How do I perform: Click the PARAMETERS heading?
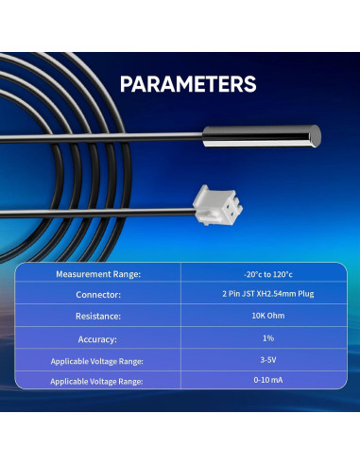tap(188, 84)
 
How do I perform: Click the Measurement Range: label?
tap(98, 274)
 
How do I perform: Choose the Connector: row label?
tap(98, 295)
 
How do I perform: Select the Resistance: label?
tap(98, 317)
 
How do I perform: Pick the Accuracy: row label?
tap(98, 337)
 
